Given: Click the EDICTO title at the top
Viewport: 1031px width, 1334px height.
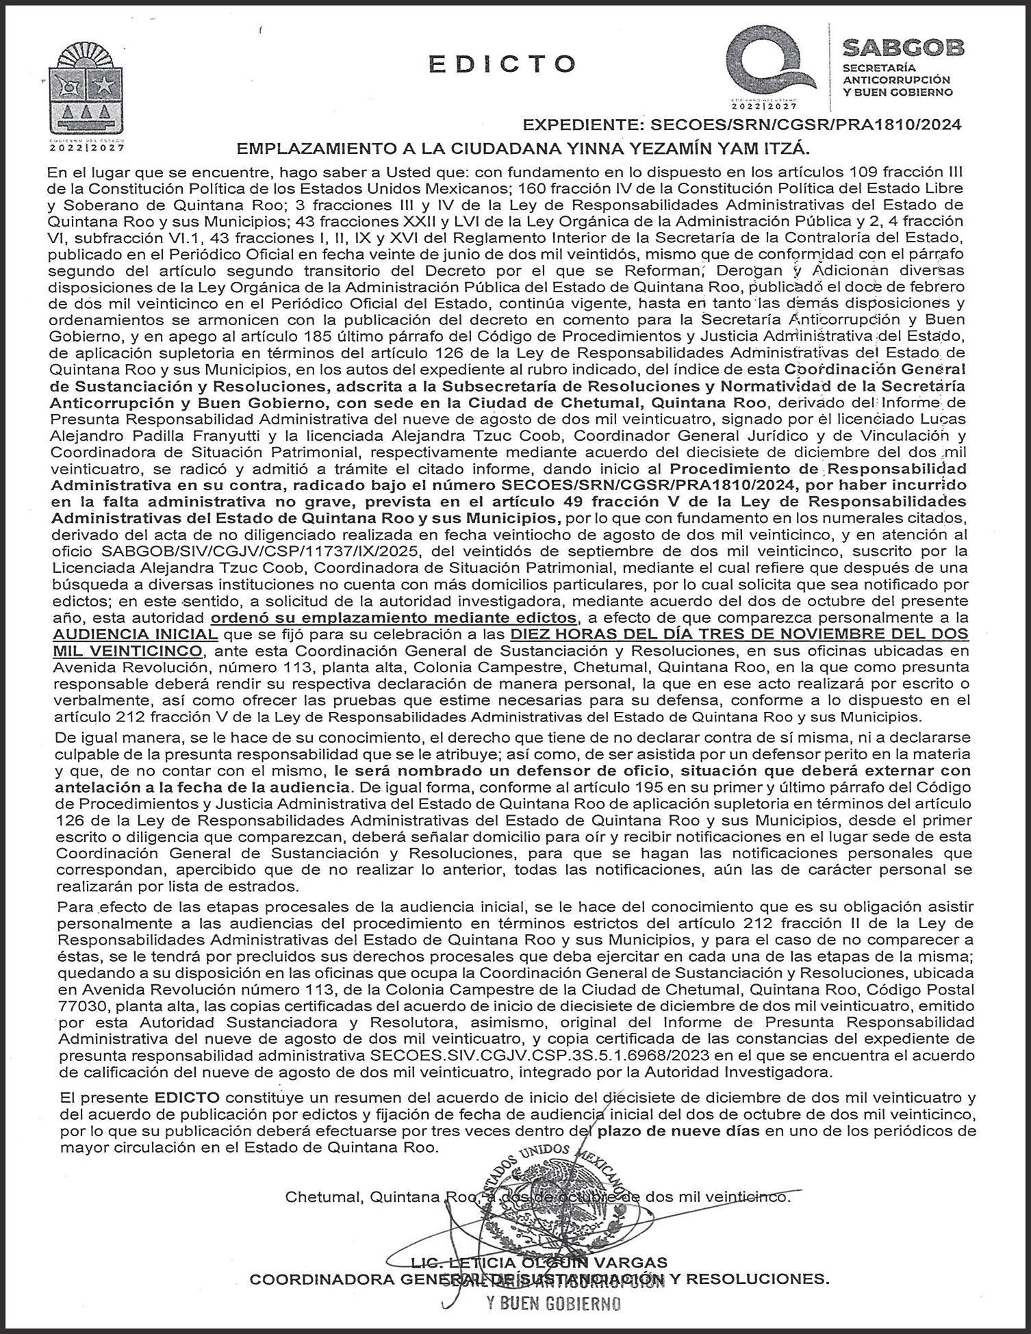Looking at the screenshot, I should [x=502, y=64].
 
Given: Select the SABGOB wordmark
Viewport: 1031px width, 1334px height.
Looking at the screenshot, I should [x=902, y=48].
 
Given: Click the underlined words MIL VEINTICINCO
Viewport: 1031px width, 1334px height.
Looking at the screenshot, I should [x=129, y=650].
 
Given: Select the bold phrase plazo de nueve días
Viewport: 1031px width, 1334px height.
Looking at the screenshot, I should [x=678, y=1131].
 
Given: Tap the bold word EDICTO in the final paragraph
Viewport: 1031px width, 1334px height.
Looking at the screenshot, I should [x=187, y=1096].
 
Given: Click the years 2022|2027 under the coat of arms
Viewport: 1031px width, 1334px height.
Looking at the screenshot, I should [x=87, y=146].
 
